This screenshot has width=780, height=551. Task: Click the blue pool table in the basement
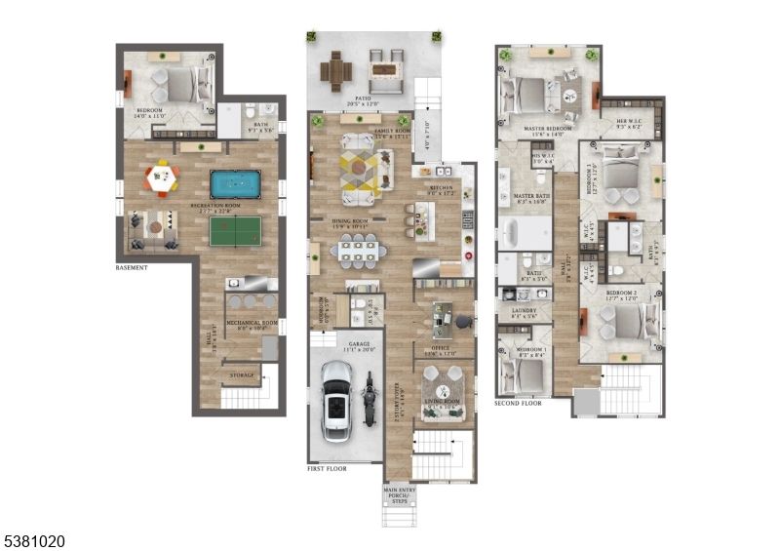coord(236,183)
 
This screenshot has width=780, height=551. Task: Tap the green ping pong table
coord(236,230)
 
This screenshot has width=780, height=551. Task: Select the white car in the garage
coord(336,400)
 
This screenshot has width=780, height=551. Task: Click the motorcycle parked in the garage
coord(370,401)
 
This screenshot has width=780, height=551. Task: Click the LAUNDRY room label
coord(525,311)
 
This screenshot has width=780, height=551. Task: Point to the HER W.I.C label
coord(629,123)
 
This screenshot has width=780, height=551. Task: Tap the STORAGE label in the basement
coord(242,374)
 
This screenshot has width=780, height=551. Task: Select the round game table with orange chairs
coord(162,178)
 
